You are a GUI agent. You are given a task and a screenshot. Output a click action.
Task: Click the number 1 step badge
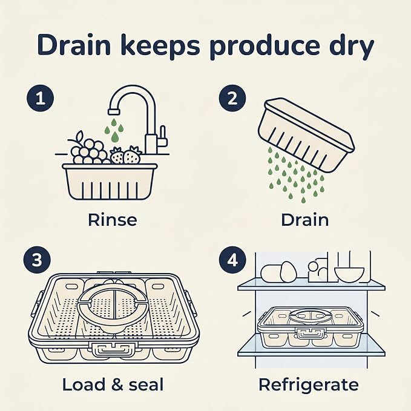tap(41, 99)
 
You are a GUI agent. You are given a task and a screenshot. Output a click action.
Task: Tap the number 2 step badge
tap(232, 99)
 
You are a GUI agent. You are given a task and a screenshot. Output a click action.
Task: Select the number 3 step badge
tap(37, 261)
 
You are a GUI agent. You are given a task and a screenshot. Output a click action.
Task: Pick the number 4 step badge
tap(232, 261)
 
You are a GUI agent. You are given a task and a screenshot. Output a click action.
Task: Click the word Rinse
tap(112, 220)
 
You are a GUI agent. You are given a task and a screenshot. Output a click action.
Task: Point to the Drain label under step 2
tap(304, 220)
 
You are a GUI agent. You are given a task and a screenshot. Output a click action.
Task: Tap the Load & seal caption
tap(113, 385)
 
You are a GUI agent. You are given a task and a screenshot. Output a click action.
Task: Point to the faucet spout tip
tap(114, 111)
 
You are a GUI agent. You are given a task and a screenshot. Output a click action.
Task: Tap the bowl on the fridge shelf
tap(349, 274)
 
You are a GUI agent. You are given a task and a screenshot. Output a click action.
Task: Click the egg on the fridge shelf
tap(288, 272)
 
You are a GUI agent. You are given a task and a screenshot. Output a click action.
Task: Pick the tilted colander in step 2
tap(306, 135)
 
